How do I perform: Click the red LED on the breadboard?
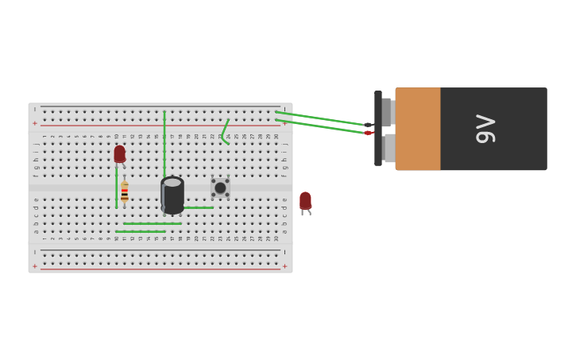click(x=119, y=153)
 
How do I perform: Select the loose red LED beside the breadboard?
click(x=305, y=200)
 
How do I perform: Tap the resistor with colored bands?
click(x=125, y=192)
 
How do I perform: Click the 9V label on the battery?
click(x=485, y=129)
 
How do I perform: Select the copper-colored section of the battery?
click(x=418, y=129)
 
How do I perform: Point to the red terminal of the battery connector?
click(x=369, y=133)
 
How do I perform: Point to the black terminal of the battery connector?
click(x=369, y=125)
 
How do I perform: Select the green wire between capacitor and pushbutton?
click(x=199, y=207)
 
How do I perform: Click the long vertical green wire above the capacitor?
click(x=164, y=143)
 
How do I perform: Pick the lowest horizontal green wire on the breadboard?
click(x=141, y=231)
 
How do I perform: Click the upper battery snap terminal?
click(x=387, y=112)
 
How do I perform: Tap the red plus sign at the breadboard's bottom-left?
click(x=34, y=266)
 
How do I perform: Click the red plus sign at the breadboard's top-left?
click(x=34, y=123)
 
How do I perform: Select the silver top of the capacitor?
click(x=172, y=183)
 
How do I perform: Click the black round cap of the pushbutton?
click(x=220, y=188)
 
